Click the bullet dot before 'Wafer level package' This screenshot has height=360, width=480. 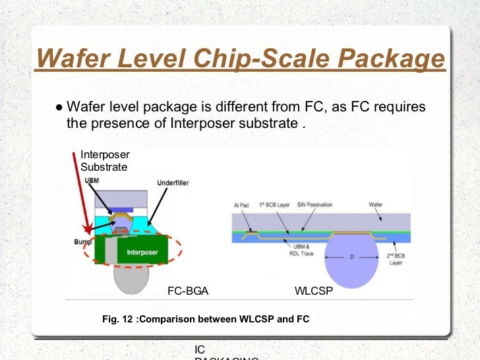click(x=59, y=107)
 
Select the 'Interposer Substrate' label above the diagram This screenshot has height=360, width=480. click(x=105, y=161)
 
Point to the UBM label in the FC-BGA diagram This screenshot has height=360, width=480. click(x=92, y=180)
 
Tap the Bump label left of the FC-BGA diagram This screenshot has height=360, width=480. click(x=82, y=241)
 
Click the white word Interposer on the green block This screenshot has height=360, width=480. click(x=142, y=252)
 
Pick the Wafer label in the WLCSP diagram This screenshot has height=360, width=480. click(x=375, y=205)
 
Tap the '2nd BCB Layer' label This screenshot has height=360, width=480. click(x=396, y=259)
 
